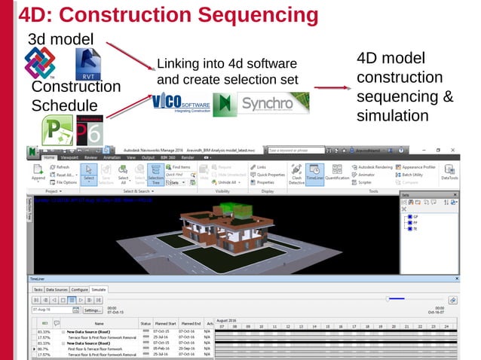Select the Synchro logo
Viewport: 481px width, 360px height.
tap(273, 103)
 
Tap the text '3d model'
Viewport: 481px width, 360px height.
tap(60, 39)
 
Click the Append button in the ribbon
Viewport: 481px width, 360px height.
tap(38, 173)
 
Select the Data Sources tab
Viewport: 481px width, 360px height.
tap(56, 289)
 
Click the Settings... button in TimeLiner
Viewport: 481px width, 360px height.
tap(93, 310)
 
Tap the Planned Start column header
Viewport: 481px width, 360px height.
tap(166, 323)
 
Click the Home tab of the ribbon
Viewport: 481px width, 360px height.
tap(49, 157)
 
